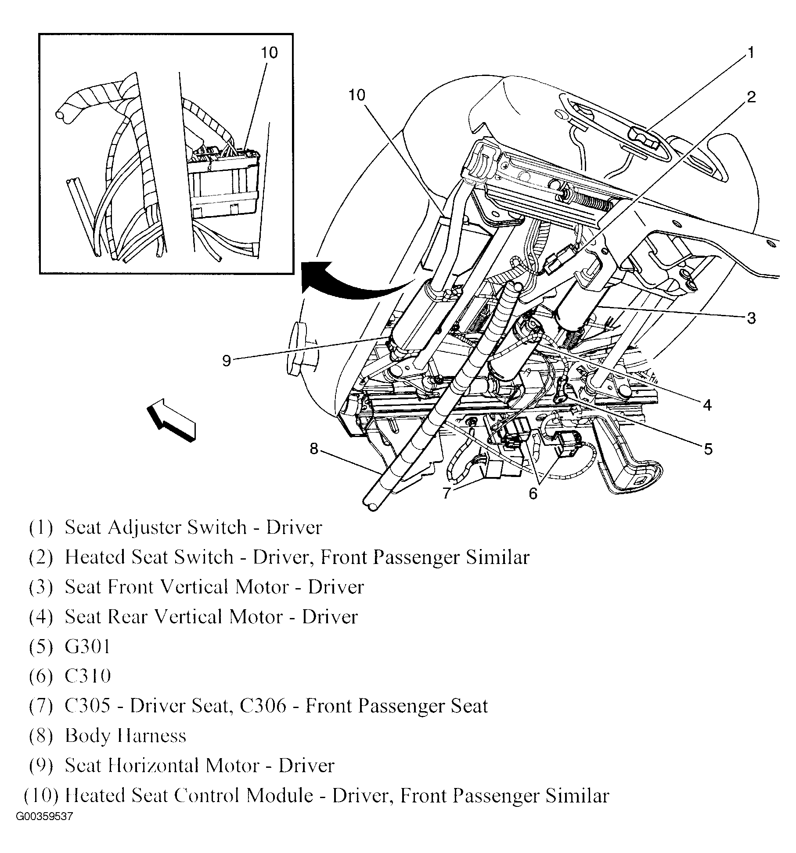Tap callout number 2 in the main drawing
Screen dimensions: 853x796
(x=751, y=97)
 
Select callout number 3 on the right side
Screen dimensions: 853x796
(x=751, y=318)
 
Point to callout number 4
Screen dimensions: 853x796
(x=707, y=405)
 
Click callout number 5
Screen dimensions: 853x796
(x=708, y=449)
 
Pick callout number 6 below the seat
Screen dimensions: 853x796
(x=533, y=494)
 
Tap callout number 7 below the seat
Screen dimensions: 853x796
(x=447, y=493)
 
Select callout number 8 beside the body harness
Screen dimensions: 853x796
(x=313, y=448)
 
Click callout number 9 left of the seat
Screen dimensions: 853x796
(x=226, y=361)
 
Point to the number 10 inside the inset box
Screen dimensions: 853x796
(x=269, y=53)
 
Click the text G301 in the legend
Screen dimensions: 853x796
(x=87, y=646)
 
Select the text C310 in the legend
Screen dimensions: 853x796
(x=87, y=676)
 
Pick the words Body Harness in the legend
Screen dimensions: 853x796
(x=126, y=736)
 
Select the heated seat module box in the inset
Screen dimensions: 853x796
(x=224, y=184)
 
